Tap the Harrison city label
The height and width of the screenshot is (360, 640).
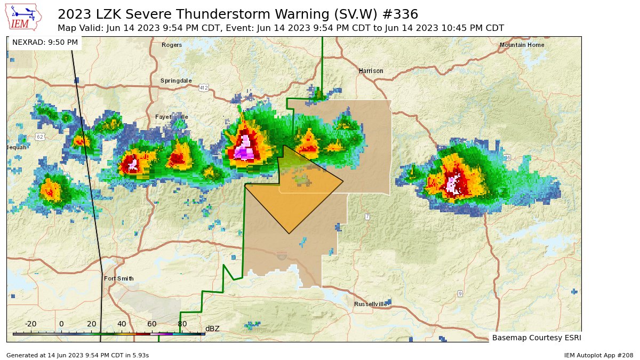371,71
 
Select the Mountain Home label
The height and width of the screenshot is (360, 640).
522,45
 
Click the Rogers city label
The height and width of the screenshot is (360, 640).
172,45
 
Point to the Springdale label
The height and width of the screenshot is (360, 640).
176,81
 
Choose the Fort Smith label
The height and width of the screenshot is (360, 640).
118,278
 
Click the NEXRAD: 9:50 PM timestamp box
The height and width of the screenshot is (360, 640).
45,42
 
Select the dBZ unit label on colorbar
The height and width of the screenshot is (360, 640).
212,329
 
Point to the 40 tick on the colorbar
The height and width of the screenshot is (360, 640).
122,324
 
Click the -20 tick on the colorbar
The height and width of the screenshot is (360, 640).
30,324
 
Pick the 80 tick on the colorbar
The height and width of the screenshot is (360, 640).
182,324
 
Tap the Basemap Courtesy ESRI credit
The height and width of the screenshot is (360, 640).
536,338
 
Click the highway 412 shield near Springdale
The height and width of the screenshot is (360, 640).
204,87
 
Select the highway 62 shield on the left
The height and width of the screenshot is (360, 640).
40,137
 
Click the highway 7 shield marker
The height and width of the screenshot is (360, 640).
367,216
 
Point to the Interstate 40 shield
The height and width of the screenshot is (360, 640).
281,257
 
